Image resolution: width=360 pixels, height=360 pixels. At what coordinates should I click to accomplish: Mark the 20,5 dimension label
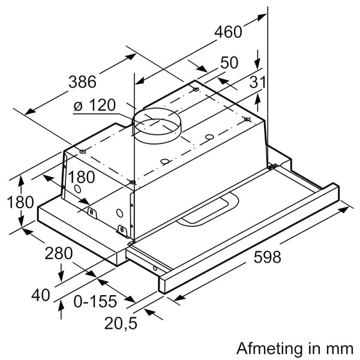click(x=121, y=323)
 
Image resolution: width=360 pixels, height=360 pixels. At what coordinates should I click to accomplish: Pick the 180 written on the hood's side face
click(x=82, y=178)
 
